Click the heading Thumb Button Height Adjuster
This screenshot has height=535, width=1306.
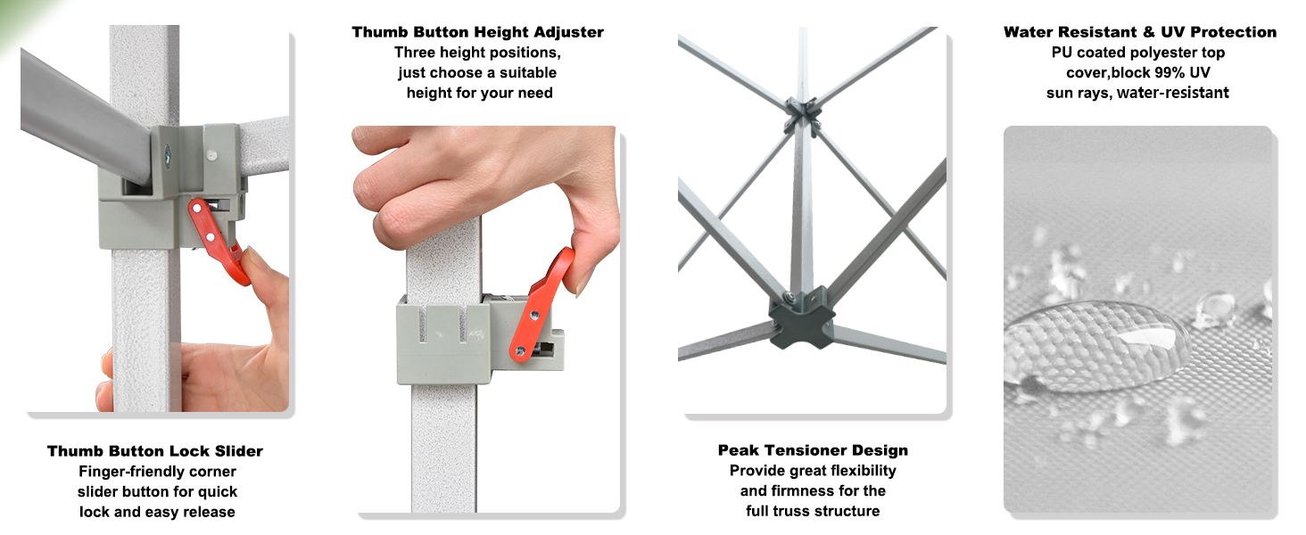coord(477,32)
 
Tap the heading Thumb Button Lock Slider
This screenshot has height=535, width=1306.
coord(155,451)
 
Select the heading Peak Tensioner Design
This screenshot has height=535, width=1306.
coord(813,450)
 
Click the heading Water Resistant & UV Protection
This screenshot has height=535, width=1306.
coord(1140,32)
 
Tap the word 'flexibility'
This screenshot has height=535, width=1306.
coord(863,470)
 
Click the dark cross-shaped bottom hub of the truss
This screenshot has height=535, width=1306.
coord(801,318)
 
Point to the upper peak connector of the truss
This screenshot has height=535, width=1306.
coord(803,113)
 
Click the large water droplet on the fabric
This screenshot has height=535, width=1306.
coord(1096,344)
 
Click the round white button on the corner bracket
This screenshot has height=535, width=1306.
coord(211,156)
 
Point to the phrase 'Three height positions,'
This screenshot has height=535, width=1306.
coord(477,53)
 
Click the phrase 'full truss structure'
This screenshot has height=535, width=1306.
coord(813,511)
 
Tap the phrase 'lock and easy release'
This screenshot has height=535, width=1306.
coord(157,513)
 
